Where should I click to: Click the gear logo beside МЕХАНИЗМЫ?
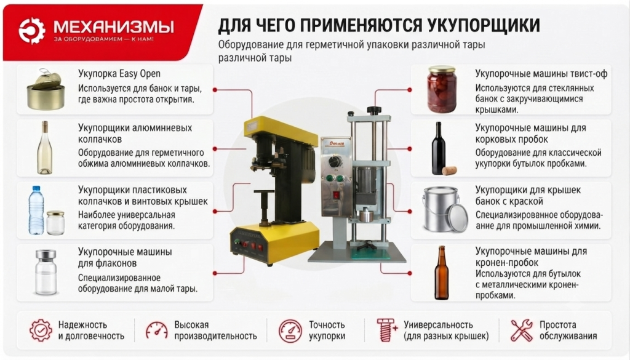point(32,30)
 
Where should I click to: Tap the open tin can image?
point(46,90)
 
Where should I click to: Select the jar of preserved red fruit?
point(442,90)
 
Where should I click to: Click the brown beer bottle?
point(441,273)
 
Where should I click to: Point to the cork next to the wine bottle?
point(449,170)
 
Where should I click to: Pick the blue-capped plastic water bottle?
point(36,210)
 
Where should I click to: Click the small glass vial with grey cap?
point(46,272)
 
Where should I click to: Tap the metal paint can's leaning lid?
point(458,217)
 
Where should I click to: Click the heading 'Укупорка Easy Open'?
point(119,74)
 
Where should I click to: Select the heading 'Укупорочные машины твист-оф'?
point(541,74)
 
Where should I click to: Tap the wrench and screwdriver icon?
point(522,330)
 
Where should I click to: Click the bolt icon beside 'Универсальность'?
point(386,330)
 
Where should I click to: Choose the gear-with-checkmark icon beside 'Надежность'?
point(41,330)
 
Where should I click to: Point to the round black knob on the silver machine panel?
point(334,161)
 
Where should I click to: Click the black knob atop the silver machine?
point(373,110)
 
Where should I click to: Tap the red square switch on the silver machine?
point(337,195)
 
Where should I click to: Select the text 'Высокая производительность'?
point(215,330)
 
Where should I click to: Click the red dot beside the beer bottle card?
point(409,273)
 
